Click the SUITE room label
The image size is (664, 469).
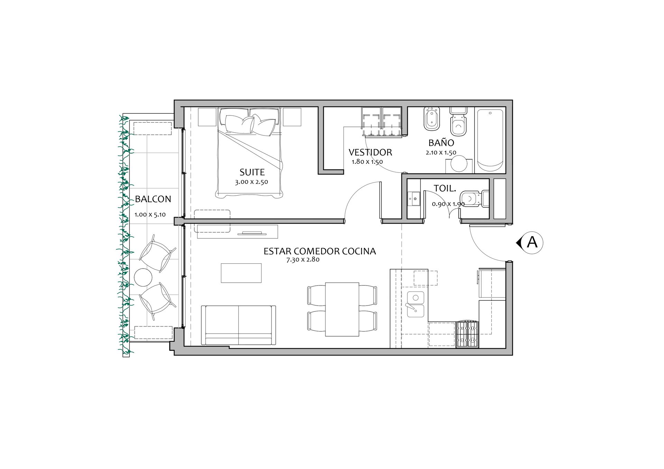point(252,172)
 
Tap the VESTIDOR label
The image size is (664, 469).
point(370,152)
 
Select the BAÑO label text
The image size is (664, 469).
point(441,142)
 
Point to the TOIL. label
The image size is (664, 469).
point(445,188)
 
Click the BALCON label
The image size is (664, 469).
point(153,199)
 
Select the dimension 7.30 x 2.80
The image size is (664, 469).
point(303,260)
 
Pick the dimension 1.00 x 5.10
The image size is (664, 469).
point(150,215)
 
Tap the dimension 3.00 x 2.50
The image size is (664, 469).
point(251,182)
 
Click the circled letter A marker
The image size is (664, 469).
point(532,243)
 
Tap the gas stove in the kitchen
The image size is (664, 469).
point(468,334)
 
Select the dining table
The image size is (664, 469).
point(342,309)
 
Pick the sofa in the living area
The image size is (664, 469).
point(239,325)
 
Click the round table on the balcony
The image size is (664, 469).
point(143,277)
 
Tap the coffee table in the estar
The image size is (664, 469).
point(241,273)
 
